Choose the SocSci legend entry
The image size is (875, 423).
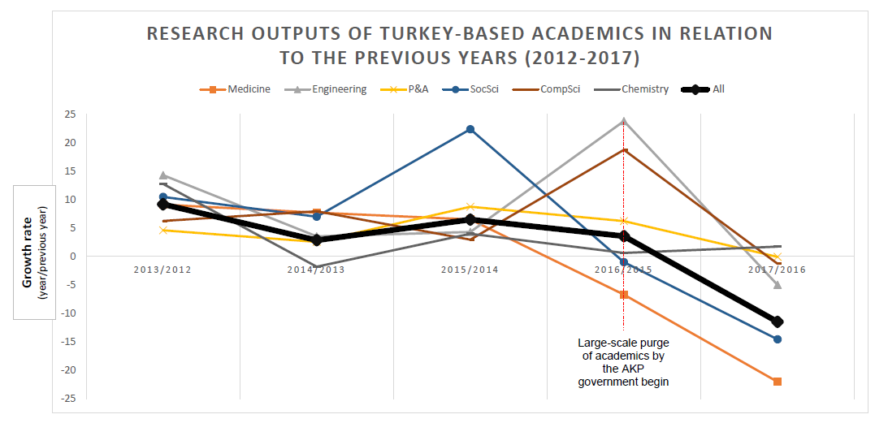pos(479,89)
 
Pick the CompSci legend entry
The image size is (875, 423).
pos(555,89)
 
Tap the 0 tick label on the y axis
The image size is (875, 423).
pos(72,257)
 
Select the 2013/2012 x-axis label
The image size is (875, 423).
pos(163,270)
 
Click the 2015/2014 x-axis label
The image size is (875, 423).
pos(470,270)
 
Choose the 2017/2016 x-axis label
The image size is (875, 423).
pos(777,270)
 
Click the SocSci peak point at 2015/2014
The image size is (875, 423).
pos(470,130)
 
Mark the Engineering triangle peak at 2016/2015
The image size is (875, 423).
pos(623,121)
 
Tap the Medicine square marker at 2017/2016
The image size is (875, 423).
pos(778,382)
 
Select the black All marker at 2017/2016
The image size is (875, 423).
pos(778,322)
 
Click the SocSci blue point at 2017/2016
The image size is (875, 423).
pos(778,339)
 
